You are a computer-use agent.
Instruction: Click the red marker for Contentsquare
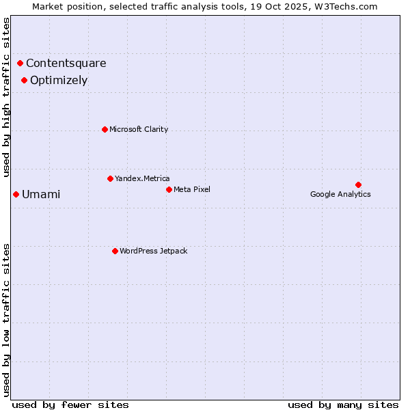coord(20,64)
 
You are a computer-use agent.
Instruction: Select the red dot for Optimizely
coord(24,80)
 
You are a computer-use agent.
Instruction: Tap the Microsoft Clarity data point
coord(105,129)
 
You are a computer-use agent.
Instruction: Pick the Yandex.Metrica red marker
coord(110,178)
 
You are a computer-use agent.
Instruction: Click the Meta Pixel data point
coord(169,189)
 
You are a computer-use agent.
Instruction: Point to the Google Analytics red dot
coord(358,184)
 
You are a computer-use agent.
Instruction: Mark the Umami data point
coord(16,194)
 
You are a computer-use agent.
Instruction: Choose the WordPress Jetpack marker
coord(115,251)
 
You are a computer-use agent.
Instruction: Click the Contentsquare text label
coord(66,64)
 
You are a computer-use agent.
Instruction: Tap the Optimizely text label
coord(59,80)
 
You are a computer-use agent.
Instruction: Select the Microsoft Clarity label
coord(139,129)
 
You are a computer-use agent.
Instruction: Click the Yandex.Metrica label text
coord(142,178)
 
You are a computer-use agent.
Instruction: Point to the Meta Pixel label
coord(192,189)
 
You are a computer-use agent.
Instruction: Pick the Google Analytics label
coord(340,194)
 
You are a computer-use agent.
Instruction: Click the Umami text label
coord(41,194)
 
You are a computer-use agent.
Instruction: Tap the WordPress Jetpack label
coord(153,251)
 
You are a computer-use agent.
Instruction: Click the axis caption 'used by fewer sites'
coord(70,405)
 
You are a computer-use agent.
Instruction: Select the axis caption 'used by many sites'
coord(343,405)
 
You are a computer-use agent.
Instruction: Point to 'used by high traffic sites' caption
coord(7,97)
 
